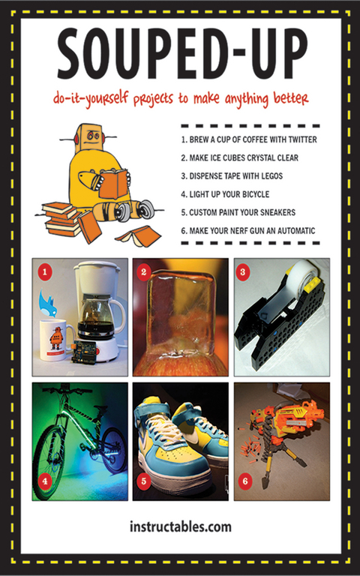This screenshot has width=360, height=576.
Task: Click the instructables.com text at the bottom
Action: pyautogui.click(x=180, y=526)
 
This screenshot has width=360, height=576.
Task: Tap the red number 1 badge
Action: pyautogui.click(x=45, y=272)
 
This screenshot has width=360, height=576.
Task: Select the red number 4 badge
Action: pyautogui.click(x=45, y=481)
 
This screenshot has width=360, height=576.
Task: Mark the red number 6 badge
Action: pyautogui.click(x=245, y=481)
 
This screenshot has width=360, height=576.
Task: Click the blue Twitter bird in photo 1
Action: pyautogui.click(x=48, y=304)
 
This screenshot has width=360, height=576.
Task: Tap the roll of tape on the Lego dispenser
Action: pyautogui.click(x=298, y=272)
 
